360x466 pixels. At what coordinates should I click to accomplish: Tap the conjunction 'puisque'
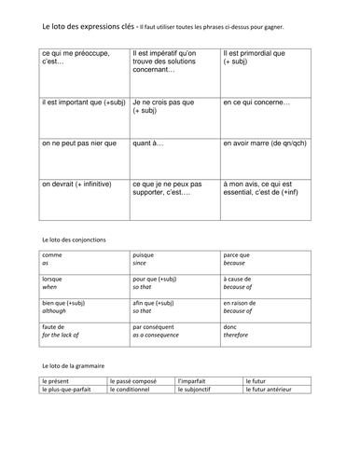click(147, 254)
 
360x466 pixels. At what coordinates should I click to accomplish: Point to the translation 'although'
click(57, 312)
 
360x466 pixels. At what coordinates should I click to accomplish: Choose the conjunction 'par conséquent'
click(159, 327)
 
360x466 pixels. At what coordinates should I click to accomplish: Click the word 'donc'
click(231, 327)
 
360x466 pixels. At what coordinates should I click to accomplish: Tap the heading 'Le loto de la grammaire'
click(74, 367)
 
